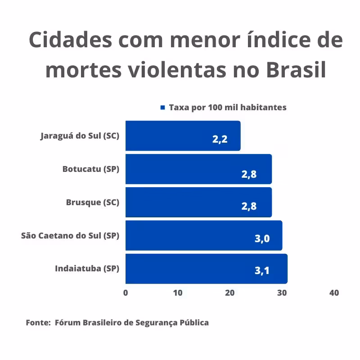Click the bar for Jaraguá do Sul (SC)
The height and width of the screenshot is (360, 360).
click(x=183, y=135)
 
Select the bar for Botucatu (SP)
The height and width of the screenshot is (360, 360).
click(x=198, y=169)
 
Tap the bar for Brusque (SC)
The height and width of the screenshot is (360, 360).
click(x=198, y=202)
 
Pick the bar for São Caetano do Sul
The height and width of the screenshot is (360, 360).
click(x=203, y=235)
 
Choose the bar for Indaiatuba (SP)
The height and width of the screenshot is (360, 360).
click(x=206, y=269)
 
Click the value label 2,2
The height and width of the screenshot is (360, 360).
click(x=220, y=139)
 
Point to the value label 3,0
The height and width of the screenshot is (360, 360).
click(x=262, y=238)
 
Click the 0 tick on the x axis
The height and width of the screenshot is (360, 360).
click(x=126, y=293)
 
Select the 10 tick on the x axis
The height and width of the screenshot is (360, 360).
click(x=178, y=293)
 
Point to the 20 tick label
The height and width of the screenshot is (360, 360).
click(x=230, y=293)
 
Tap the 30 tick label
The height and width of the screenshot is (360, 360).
click(x=282, y=293)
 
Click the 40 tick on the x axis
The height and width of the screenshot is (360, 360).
click(x=334, y=293)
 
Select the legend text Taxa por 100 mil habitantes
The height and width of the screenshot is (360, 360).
click(x=228, y=108)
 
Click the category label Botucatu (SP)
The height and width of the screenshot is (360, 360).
click(x=91, y=169)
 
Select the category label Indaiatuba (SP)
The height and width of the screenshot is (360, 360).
click(x=87, y=269)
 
